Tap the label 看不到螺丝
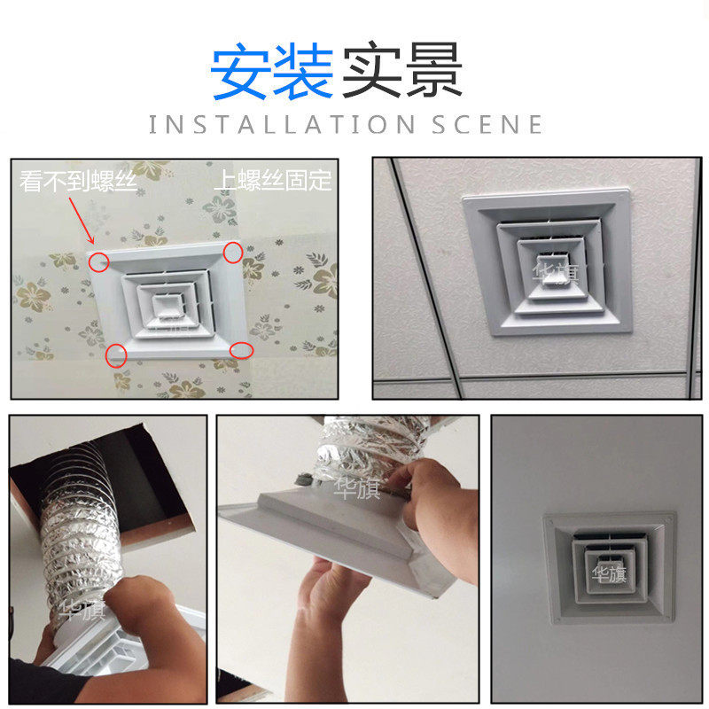(x=79, y=182)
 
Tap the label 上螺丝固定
(x=272, y=182)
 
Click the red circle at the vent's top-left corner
(x=99, y=261)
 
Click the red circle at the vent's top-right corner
(x=232, y=253)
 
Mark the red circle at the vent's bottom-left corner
(x=116, y=356)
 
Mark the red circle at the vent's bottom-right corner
(x=242, y=351)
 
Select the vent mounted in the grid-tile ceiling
(x=548, y=263)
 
